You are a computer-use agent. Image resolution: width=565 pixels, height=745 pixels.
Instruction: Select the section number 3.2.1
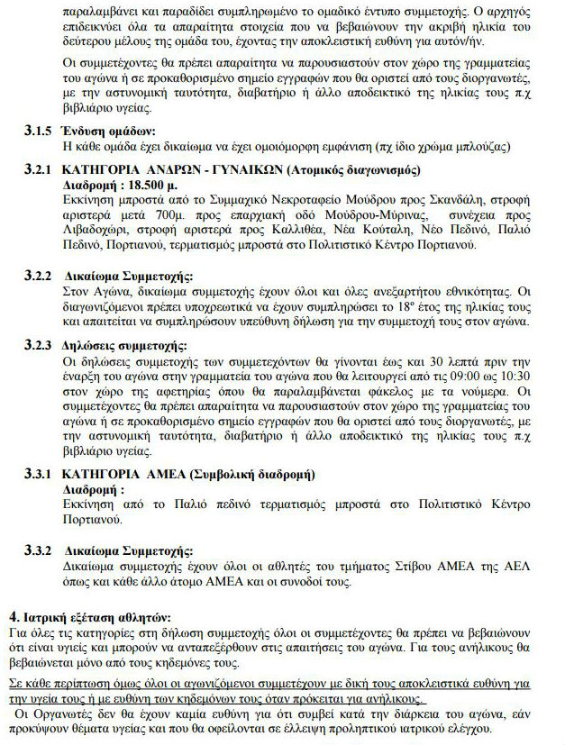[39, 168]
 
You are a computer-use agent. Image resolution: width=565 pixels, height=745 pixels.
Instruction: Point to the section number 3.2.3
[39, 346]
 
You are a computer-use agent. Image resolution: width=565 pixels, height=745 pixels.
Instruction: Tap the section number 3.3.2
[39, 550]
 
